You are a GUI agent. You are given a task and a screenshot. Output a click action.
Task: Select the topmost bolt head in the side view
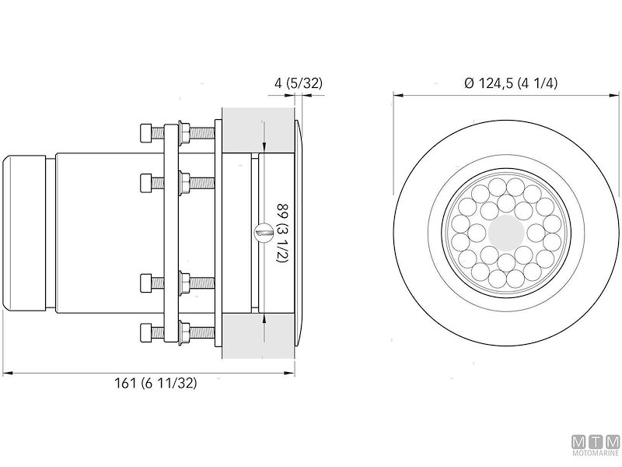147,132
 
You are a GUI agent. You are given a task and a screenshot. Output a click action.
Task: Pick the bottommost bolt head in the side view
147,332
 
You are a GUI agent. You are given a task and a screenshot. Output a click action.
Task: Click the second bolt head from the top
147,183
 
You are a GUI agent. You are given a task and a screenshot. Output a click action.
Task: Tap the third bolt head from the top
147,282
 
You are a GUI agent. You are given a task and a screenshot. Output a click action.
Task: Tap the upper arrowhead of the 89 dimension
265,148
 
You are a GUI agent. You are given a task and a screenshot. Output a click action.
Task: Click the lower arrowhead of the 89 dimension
265,317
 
